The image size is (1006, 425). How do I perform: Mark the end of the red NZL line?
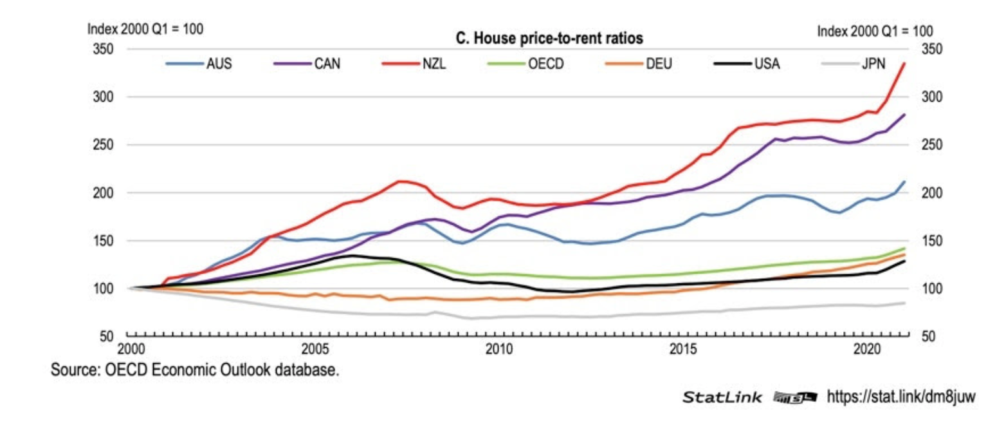[904, 62]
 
